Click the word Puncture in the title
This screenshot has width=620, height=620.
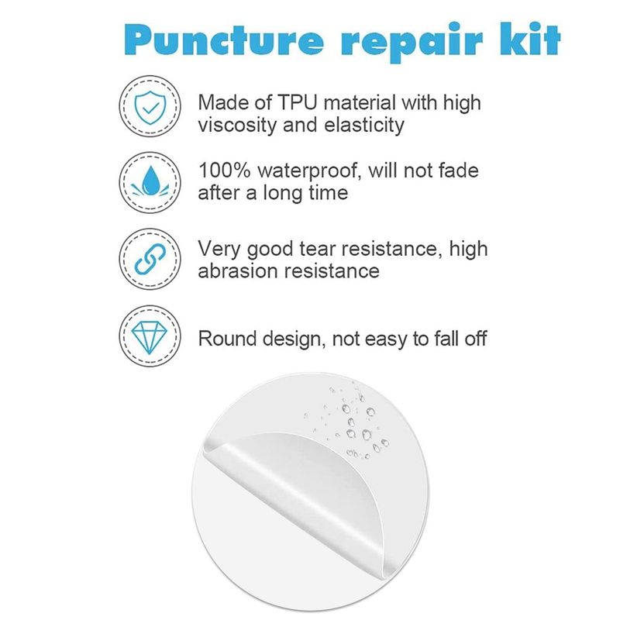click(224, 41)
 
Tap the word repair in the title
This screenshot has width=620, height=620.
click(412, 43)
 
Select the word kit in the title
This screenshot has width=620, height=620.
click(531, 39)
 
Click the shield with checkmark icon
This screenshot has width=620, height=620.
click(150, 107)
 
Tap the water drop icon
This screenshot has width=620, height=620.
click(150, 182)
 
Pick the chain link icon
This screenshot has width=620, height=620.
click(150, 259)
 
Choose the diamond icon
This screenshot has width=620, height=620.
click(150, 337)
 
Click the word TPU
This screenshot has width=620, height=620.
click(298, 102)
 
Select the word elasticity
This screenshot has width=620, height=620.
click(364, 126)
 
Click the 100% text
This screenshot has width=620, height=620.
click(224, 170)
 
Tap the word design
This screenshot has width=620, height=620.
click(294, 339)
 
